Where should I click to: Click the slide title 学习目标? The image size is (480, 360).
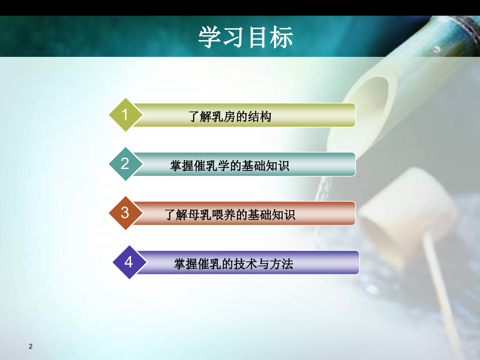[245, 37]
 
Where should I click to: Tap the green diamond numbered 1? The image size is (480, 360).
[125, 114]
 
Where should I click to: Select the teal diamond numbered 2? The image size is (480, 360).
[125, 164]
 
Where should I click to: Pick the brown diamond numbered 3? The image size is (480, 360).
[125, 213]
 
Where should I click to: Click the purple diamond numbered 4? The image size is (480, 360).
[128, 262]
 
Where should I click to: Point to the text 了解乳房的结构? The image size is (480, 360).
[230, 117]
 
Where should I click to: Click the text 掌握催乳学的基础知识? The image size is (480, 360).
[230, 166]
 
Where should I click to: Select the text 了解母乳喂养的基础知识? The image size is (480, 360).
[230, 214]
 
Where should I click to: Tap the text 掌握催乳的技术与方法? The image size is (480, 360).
[233, 264]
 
